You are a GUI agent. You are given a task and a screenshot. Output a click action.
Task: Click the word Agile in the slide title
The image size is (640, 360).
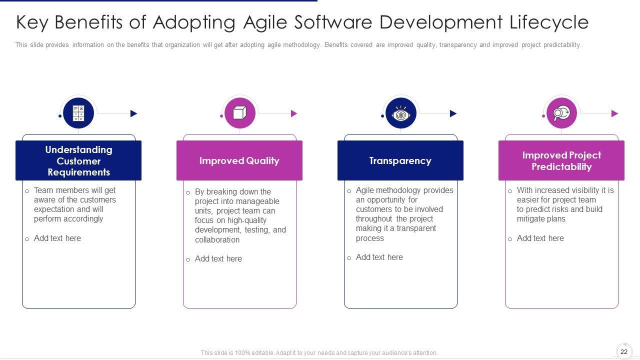(x=265, y=23)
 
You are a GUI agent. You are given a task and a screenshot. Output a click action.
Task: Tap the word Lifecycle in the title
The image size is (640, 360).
(x=549, y=23)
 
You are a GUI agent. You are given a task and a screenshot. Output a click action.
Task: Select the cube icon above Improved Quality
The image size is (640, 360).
(x=239, y=113)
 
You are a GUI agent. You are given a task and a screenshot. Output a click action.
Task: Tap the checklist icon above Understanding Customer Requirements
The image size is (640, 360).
(x=78, y=113)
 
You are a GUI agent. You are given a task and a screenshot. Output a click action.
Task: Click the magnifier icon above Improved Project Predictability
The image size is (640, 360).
(x=561, y=113)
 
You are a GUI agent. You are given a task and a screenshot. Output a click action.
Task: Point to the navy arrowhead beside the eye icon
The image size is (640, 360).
(x=453, y=113)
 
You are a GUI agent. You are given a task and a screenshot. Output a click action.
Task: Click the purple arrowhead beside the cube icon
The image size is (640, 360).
(x=294, y=113)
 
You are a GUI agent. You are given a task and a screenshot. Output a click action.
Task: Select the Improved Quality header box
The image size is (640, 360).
(x=239, y=160)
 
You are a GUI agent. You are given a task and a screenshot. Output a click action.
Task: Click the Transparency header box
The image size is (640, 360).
(x=400, y=160)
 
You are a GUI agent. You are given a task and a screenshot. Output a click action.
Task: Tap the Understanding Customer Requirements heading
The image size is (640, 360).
(x=78, y=161)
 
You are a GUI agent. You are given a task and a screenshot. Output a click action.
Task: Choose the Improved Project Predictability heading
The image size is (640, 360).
(x=561, y=161)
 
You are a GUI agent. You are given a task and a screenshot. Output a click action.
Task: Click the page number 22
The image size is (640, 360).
(x=624, y=351)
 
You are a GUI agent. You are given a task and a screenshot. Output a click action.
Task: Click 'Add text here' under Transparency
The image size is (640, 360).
(x=379, y=257)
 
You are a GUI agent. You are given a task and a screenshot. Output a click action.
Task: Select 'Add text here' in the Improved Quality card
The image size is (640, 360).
(x=218, y=259)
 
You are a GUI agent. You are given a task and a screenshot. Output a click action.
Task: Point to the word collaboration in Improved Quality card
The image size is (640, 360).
(x=217, y=239)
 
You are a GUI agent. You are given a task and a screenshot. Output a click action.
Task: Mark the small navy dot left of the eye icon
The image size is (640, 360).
(x=382, y=116)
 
